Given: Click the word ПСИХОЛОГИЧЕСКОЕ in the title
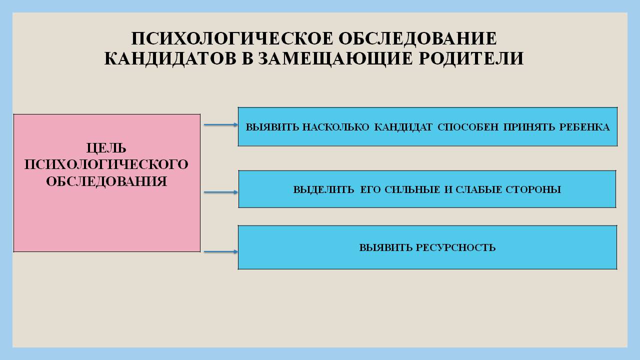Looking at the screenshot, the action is coord(232,38).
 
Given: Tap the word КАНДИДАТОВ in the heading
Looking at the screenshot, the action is coord(170,59).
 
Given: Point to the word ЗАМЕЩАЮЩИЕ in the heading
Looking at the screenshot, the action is coord(335,59).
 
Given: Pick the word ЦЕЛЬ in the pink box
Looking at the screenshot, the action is coord(106,148).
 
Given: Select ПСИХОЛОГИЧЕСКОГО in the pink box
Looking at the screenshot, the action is coord(106,164).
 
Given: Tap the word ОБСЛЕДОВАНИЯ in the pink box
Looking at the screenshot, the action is coord(106,181).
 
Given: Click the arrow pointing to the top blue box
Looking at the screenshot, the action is coord(220,124).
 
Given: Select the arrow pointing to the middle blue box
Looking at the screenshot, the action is coord(220,192).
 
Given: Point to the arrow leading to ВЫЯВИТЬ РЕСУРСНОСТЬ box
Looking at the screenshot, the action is coord(220,251).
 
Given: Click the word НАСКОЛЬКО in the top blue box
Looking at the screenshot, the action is coord(335,127).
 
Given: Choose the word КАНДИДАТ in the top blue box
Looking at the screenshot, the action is coord(403,127).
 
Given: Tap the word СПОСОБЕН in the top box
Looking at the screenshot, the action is coord(468,127).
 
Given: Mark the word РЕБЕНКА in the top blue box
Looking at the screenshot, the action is coord(584,127).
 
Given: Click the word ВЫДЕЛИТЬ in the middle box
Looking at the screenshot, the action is coord(323,189).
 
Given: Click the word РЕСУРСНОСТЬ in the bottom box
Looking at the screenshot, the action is coord(455,247).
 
